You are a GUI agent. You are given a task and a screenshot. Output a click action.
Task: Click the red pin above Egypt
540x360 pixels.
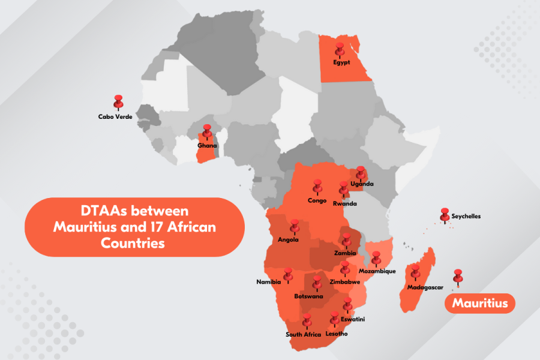[x=340, y=49]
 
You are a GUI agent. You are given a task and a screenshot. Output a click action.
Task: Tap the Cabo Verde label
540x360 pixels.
[x=115, y=116]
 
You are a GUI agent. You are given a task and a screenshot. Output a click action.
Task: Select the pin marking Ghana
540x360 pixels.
[x=207, y=131]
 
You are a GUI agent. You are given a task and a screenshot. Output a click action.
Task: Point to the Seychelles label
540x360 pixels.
[x=466, y=216]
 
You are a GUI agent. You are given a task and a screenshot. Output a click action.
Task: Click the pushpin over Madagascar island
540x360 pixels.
[x=415, y=272]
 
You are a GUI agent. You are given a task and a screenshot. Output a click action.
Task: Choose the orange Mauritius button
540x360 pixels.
[x=479, y=304]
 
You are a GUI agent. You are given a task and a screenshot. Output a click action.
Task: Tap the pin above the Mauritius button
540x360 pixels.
[x=458, y=276]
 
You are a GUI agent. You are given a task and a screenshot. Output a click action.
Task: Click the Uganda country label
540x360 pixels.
[x=362, y=184]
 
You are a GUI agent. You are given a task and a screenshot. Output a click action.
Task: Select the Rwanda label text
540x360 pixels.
[x=344, y=204]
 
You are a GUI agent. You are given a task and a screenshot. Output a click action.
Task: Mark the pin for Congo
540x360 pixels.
[x=316, y=187]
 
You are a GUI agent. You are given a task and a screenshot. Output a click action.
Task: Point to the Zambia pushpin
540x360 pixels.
[x=346, y=240]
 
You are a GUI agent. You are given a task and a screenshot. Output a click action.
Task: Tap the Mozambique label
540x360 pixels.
[x=377, y=271]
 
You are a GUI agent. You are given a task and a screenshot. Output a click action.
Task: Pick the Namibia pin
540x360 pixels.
[x=288, y=274]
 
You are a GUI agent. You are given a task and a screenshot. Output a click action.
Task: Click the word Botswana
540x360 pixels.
[x=308, y=296]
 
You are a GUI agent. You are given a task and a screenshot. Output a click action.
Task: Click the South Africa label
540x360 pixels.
[x=304, y=334]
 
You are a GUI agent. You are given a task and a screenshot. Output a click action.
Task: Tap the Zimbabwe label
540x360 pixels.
[x=345, y=281]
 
